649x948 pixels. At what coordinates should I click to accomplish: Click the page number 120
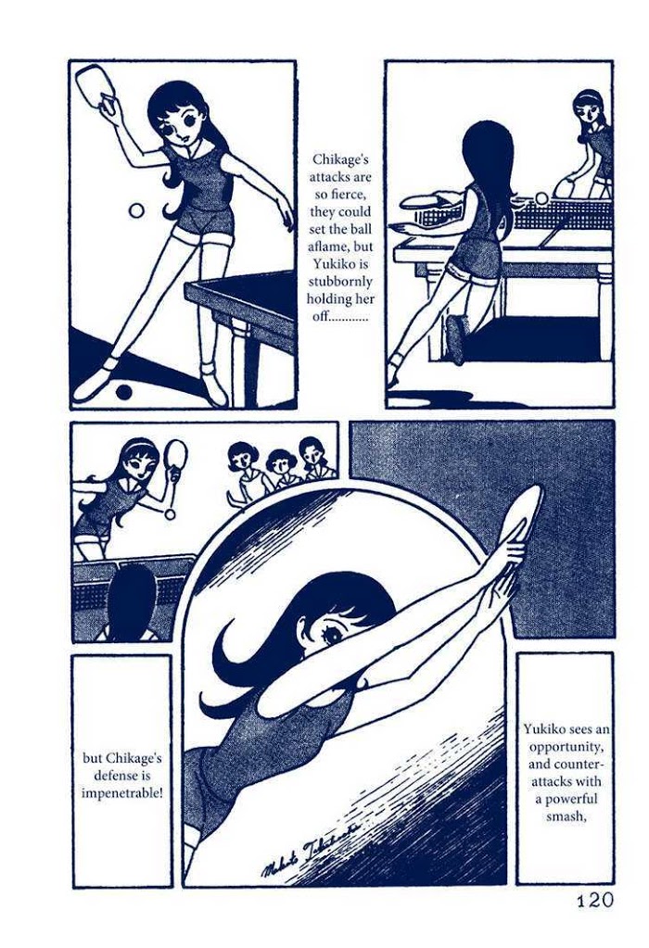click(593, 900)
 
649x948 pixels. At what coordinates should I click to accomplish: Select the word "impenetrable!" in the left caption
click(122, 793)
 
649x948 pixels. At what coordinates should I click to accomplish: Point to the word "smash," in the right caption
click(565, 815)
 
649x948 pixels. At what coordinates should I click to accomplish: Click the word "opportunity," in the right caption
click(565, 746)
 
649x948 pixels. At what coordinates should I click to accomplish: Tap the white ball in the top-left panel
click(137, 211)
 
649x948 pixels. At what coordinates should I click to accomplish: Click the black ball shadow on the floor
click(124, 392)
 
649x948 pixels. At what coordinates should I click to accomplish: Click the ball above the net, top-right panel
click(541, 199)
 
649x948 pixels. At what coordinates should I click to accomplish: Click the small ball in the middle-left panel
click(171, 514)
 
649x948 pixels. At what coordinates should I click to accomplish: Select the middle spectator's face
click(280, 467)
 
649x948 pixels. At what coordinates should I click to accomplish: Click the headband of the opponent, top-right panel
click(589, 95)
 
